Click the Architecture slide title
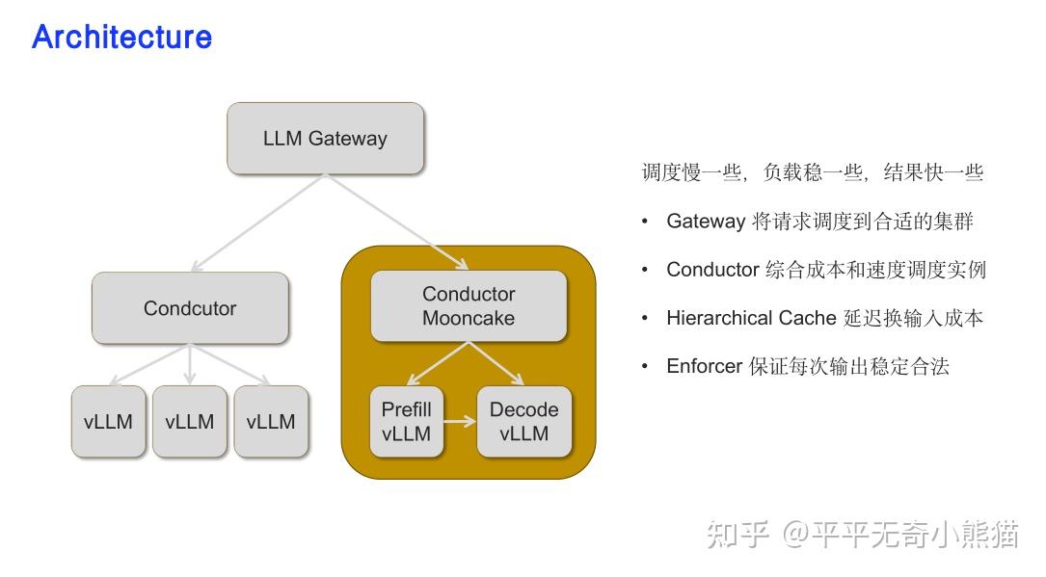point(121,37)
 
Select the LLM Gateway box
point(325,139)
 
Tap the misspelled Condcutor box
point(190,308)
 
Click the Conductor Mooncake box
point(469,306)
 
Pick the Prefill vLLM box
point(406,422)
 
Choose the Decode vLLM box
point(523,422)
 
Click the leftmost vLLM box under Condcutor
point(108,422)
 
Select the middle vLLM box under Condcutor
point(189,422)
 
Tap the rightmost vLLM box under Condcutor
point(271,422)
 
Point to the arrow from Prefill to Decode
point(460,422)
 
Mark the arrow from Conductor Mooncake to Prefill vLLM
point(439,363)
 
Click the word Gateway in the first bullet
point(706,222)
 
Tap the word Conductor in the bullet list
point(712,270)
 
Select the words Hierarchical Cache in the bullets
point(751,318)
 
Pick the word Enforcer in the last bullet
point(704,366)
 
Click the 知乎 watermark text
point(738,534)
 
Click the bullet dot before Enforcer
point(645,367)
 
